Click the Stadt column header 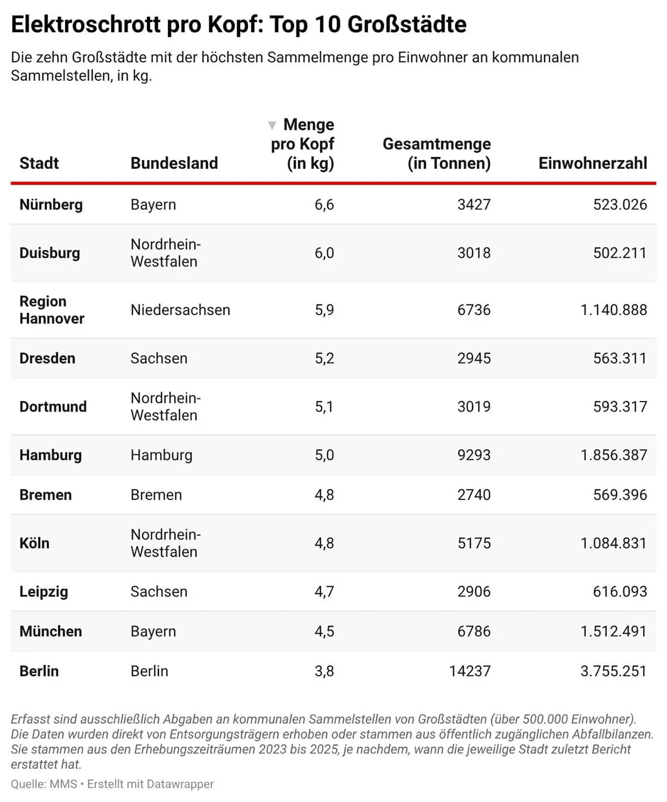click(39, 163)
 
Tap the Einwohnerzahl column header click(593, 163)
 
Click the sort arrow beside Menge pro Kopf click(272, 126)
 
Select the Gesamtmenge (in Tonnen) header click(437, 153)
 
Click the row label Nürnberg click(51, 205)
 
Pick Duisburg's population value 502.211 click(620, 253)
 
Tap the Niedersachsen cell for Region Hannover click(180, 310)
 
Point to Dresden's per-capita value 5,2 click(324, 358)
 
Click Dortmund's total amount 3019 click(474, 407)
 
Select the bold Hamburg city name click(51, 455)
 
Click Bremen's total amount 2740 click(474, 495)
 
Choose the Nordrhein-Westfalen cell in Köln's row click(165, 543)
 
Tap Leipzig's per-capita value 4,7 click(324, 592)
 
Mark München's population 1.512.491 click(614, 631)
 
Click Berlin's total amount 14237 click(470, 671)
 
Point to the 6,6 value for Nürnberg click(324, 205)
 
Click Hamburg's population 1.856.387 click(614, 455)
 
